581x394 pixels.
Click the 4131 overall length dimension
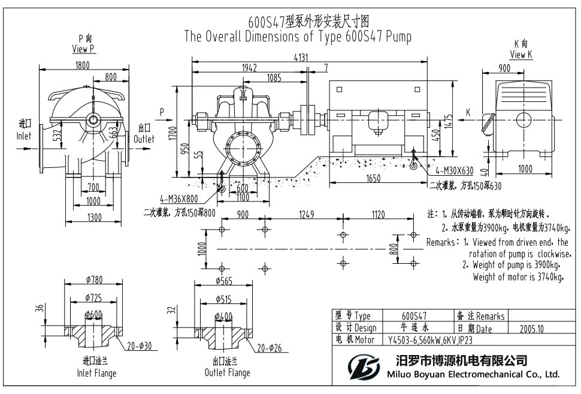309,57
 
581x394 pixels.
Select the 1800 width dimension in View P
82,65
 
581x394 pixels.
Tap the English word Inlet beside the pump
24,136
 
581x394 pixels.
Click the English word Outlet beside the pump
144,139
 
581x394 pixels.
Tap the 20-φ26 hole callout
270,348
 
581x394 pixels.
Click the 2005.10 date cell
527,329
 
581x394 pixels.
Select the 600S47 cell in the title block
414,316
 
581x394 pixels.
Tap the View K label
521,55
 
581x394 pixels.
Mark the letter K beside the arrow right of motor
468,112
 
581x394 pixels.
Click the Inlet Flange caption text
96,373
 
